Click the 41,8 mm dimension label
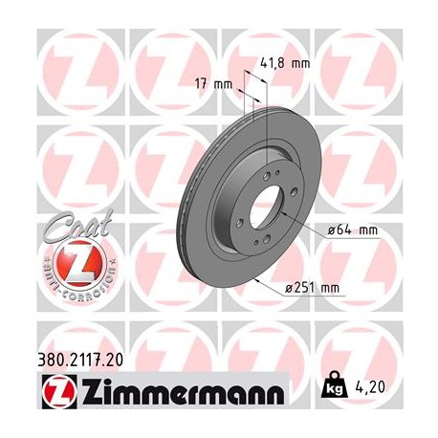[286, 64]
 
